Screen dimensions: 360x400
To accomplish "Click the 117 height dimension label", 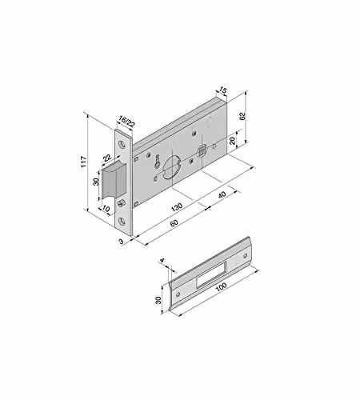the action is tap(84, 162).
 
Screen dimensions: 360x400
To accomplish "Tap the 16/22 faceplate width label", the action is tap(126, 122).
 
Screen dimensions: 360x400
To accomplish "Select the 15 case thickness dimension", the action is tap(222, 90).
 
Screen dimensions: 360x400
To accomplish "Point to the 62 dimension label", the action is tap(242, 116).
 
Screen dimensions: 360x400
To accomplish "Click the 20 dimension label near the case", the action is tap(233, 140).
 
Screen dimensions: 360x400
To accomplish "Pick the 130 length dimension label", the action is tap(177, 207).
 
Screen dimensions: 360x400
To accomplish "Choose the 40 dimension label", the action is tap(222, 194).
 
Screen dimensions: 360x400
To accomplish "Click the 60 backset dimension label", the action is tap(174, 222).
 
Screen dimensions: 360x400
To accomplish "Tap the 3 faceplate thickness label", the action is tap(122, 242).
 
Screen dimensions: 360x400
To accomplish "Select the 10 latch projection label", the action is tap(106, 209).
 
